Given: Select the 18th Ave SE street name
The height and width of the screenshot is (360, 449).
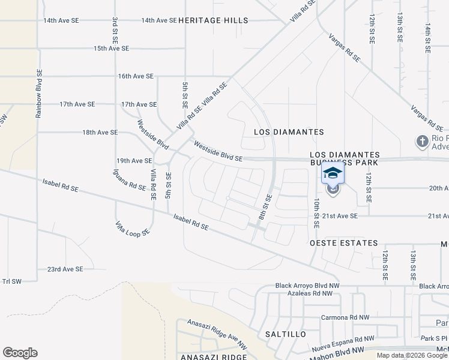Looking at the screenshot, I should (x=100, y=132).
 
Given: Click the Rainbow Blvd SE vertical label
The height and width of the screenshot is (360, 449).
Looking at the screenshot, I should (x=38, y=92).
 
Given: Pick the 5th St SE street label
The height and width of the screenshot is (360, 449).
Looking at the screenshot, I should (x=184, y=94).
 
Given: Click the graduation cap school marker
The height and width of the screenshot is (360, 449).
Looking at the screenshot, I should (x=333, y=173).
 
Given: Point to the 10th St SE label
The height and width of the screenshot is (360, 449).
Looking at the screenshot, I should (x=316, y=214).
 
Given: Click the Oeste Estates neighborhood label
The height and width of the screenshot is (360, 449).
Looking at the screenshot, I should (x=344, y=243).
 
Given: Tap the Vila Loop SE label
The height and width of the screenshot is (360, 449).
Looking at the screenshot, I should (x=132, y=229).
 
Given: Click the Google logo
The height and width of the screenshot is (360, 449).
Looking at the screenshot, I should (x=20, y=353).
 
